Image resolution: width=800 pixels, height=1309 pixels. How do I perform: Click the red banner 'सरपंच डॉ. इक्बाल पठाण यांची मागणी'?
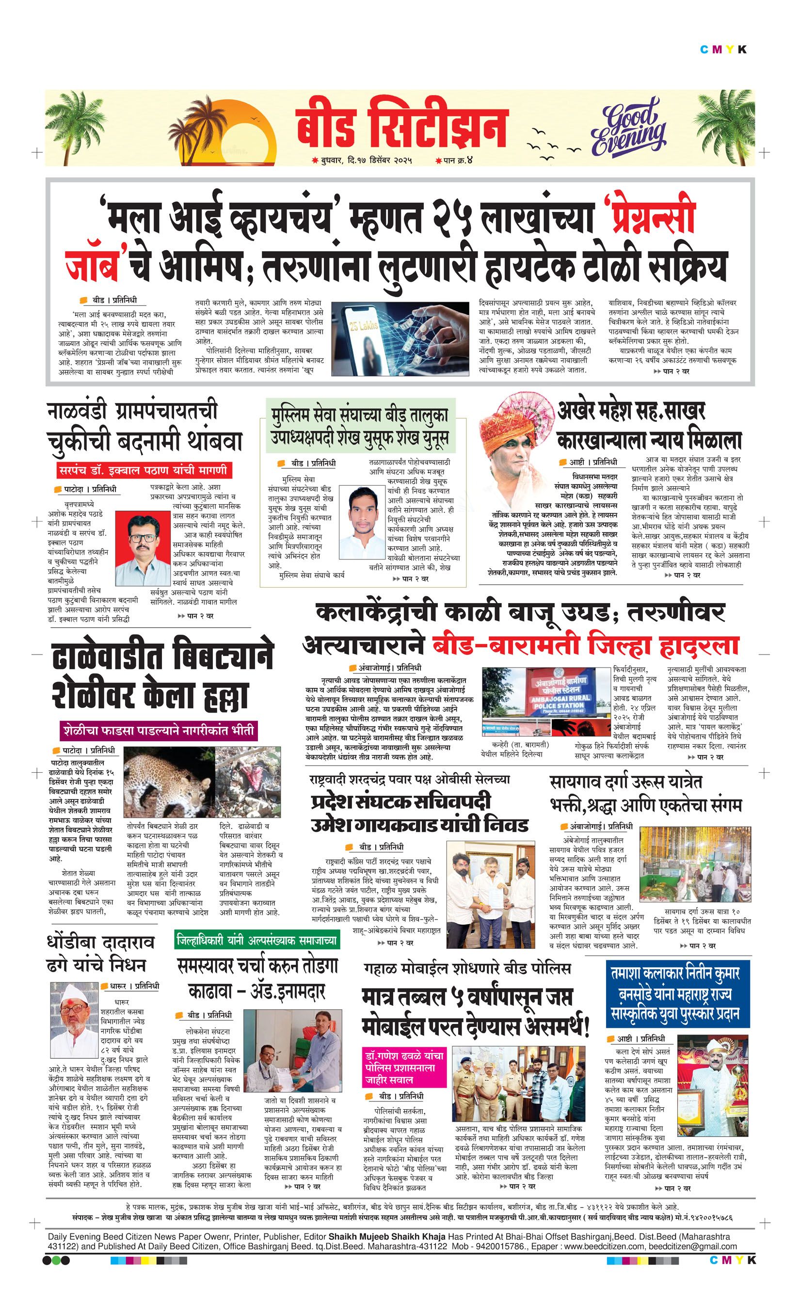(144, 470)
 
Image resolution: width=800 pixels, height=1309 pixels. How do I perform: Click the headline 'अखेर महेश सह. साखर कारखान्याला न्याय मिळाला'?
(648, 426)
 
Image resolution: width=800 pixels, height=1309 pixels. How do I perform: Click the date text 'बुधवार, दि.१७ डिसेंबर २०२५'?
(367, 160)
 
